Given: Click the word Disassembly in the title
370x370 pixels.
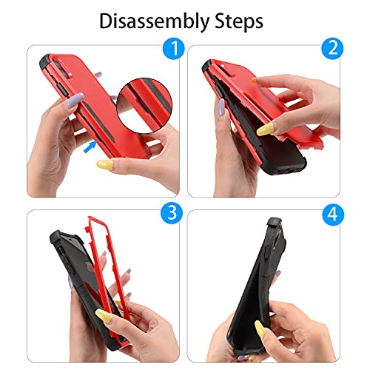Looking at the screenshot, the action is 155,21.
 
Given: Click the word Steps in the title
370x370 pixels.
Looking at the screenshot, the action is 239,21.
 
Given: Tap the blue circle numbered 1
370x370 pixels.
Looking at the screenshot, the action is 174,48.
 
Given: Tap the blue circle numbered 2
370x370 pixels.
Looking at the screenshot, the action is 332,48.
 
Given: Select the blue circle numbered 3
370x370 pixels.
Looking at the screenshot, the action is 172,212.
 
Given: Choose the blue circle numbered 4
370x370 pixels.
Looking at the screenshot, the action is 333,214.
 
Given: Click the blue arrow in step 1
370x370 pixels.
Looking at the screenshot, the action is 90,147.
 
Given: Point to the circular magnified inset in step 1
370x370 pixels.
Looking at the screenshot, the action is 144,106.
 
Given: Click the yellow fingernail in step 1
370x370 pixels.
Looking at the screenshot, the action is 104,164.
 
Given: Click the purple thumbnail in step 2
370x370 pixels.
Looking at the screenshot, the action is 221,109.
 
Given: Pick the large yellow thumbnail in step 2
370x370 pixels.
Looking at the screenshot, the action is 266,129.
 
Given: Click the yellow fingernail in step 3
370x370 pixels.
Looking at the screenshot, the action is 104,315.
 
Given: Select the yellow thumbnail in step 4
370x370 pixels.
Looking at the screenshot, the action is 260,329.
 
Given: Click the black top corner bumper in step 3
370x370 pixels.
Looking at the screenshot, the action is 57,238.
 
